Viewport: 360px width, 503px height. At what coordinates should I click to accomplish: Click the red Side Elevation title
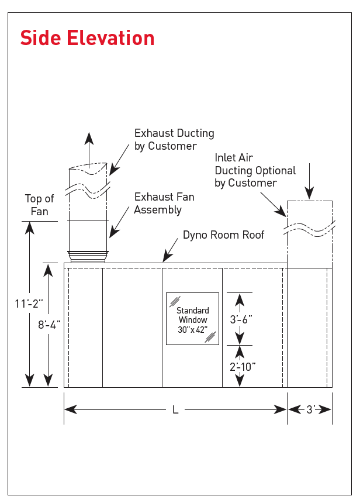tap(87, 38)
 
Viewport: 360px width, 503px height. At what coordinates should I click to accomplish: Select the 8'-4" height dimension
tap(50, 324)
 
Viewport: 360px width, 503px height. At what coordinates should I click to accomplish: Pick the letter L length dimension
tap(175, 410)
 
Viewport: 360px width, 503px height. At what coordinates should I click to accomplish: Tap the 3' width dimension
tap(310, 410)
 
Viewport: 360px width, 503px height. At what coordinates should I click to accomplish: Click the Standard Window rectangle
tap(192, 319)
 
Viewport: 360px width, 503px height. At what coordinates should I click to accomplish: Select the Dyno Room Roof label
tap(223, 235)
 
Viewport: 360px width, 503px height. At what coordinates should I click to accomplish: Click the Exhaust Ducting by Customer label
tap(174, 140)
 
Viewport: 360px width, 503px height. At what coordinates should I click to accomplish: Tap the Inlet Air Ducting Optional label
tap(255, 170)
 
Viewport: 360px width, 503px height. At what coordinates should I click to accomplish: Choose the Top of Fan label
tap(39, 205)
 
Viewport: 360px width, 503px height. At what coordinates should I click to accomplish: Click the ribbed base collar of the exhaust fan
tap(88, 256)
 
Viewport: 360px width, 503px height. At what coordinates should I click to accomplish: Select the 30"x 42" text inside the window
tap(192, 329)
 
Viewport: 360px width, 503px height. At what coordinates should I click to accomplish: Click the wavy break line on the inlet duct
tap(309, 228)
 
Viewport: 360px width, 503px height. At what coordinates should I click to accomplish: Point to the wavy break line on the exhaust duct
tap(88, 190)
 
